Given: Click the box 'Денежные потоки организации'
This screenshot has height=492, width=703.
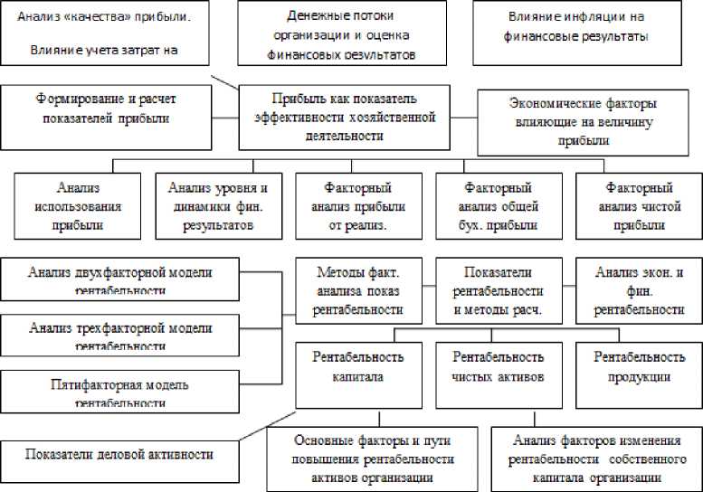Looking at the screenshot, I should pyautogui.click(x=347, y=35).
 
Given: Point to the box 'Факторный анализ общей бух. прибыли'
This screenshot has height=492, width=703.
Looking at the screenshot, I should pyautogui.click(x=499, y=206).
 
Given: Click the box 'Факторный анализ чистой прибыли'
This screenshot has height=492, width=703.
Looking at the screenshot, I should pyautogui.click(x=640, y=206).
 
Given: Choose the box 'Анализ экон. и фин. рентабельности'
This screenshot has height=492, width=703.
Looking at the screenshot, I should pyautogui.click(x=639, y=291).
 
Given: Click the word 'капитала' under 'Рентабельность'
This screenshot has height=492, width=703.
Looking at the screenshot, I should pyautogui.click(x=357, y=377).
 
